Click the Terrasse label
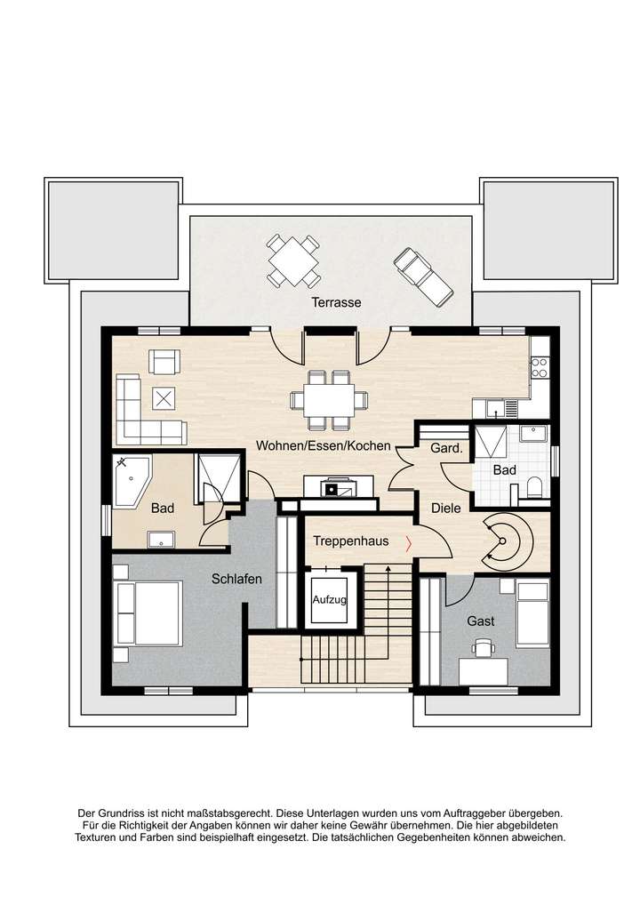coord(336,302)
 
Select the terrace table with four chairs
coord(293,260)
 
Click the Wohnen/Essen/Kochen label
coord(324,445)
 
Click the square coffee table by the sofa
coord(164,397)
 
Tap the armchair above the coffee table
coord(164,361)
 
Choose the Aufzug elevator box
coord(331,600)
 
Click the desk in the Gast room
coord(484,668)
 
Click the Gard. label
coord(446,449)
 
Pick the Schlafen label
coord(236,579)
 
